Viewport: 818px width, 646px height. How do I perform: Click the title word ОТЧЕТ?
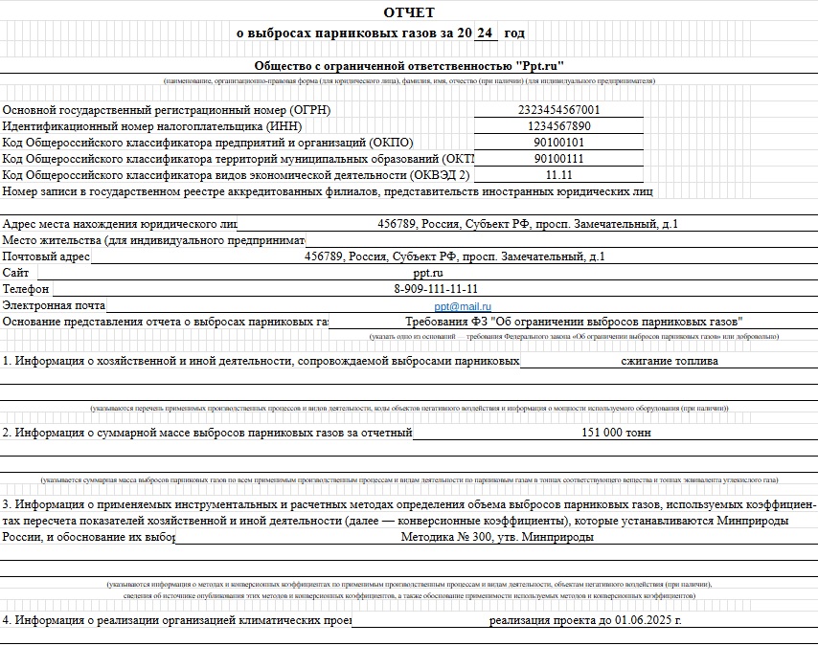point(409,12)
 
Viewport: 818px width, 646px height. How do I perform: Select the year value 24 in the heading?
point(485,33)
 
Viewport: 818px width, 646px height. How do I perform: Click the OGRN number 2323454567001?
point(558,110)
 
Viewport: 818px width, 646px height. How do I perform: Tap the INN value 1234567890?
point(558,126)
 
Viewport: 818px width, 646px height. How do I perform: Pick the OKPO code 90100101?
point(558,143)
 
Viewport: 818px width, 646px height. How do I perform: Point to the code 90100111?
point(558,159)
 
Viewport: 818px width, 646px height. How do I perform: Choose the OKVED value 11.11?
point(558,175)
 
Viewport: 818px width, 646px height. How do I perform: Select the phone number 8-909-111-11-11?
point(436,289)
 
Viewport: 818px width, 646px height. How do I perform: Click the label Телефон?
point(26,289)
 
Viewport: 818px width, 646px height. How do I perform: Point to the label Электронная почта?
point(54,305)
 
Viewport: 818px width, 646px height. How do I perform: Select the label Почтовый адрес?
point(46,256)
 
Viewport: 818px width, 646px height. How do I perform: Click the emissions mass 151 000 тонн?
point(616,433)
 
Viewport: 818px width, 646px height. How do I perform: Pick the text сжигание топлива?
point(670,362)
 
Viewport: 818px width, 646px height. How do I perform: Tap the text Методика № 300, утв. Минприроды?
point(497,537)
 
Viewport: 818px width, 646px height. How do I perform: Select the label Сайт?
point(16,273)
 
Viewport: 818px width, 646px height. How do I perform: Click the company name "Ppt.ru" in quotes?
point(540,66)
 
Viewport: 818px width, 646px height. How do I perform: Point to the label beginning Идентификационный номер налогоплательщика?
point(152,126)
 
